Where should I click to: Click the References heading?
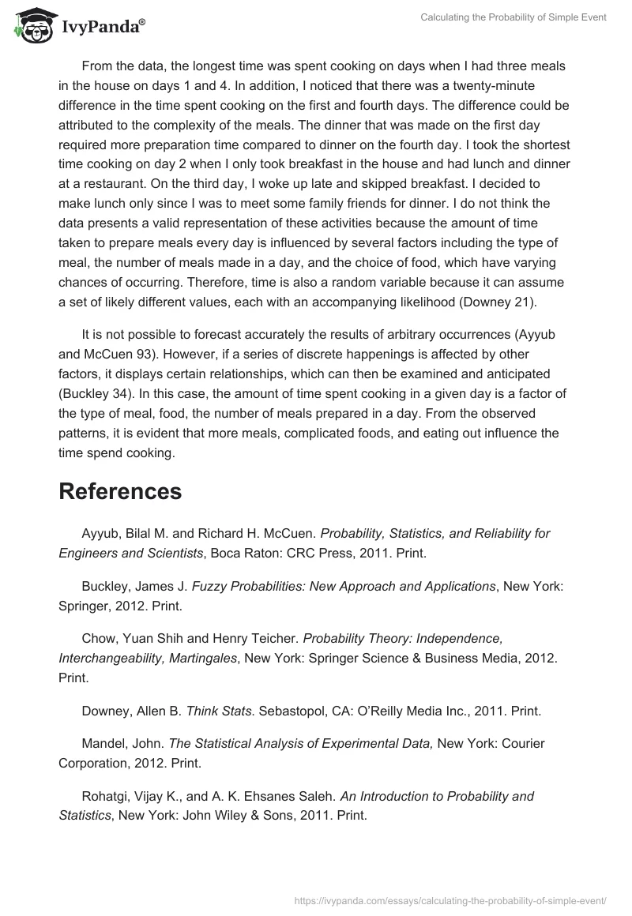pyautogui.click(x=120, y=491)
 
